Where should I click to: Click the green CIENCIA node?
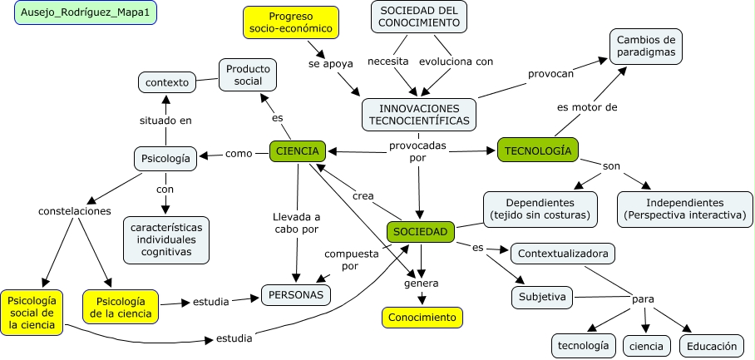296,151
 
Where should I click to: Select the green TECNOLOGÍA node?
537,150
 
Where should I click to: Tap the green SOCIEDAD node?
421,232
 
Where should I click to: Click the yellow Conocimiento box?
422,318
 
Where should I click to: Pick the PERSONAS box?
296,294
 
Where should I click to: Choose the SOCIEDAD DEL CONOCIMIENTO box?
419,16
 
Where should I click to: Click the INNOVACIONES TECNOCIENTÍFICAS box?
419,115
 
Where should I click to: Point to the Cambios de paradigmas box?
645,47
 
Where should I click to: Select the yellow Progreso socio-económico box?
291,22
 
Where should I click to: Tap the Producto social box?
248,74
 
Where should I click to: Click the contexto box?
167,82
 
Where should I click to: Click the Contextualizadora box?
563,253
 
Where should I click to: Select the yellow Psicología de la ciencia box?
121,306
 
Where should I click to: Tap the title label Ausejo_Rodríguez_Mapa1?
86,14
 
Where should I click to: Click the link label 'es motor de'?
587,107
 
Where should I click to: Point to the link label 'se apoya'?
327,62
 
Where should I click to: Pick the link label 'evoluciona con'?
456,61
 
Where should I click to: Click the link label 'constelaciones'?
75,211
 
